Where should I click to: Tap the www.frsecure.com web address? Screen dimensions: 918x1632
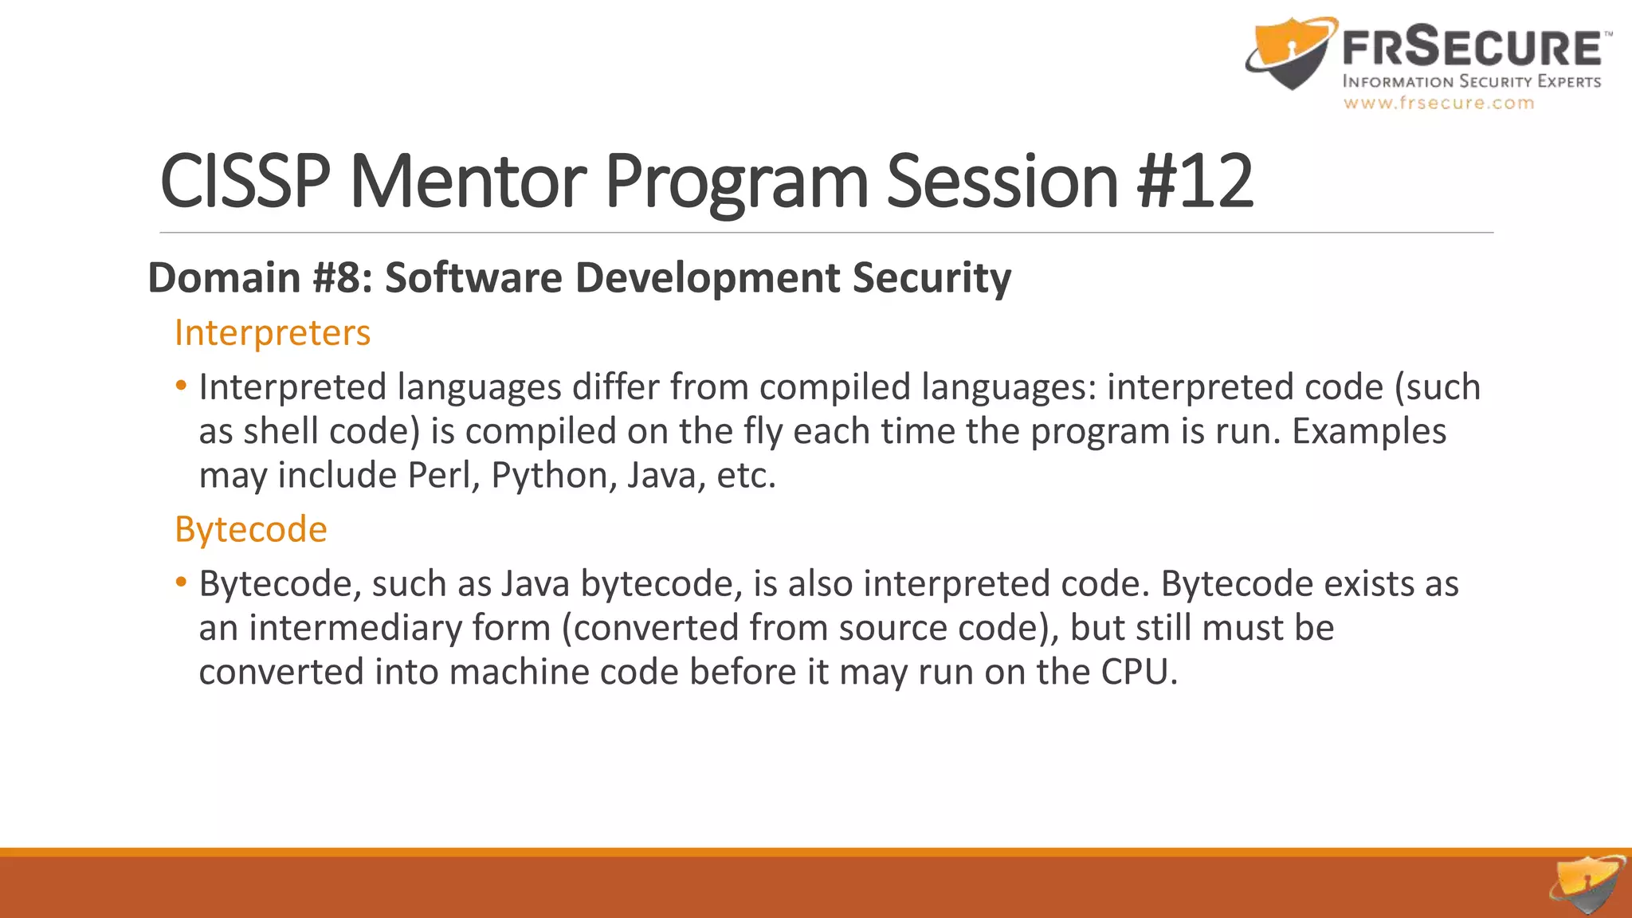point(1438,103)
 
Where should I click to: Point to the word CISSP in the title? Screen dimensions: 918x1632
point(245,182)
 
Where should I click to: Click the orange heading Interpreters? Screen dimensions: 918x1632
point(273,332)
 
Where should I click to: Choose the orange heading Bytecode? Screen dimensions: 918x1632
point(251,529)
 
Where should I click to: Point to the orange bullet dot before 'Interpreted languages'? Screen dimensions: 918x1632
point(182,386)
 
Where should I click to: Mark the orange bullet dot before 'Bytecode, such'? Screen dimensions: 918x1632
point(182,583)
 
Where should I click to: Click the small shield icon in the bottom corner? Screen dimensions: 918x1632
point(1588,885)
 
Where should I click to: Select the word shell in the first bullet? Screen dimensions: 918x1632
point(281,431)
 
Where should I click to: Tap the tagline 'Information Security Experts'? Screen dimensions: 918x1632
point(1472,81)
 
